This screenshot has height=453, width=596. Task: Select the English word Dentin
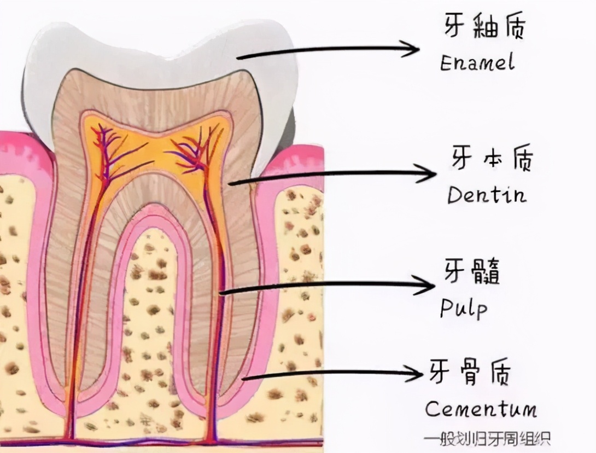[x=487, y=194]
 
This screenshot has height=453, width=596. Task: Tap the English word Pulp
[x=463, y=309]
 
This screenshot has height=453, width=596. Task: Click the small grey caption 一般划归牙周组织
[x=486, y=438]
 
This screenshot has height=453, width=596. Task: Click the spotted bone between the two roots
[x=150, y=328]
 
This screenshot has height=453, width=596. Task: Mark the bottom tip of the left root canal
[x=71, y=435]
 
